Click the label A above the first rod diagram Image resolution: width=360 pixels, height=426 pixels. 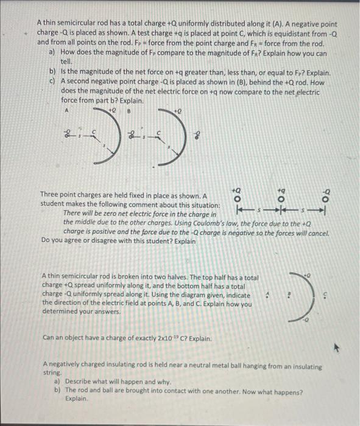(x=66, y=111)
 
